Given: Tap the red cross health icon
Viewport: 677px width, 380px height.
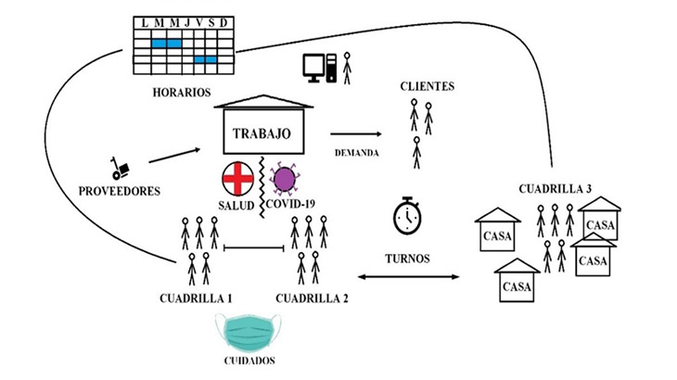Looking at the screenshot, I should (238, 176).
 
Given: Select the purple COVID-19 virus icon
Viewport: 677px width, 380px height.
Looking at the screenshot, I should (283, 175).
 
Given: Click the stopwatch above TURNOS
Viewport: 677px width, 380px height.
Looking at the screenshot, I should (408, 215).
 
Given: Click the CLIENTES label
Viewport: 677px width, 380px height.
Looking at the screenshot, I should (427, 86).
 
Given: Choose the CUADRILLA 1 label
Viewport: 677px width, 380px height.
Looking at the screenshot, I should (195, 298).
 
